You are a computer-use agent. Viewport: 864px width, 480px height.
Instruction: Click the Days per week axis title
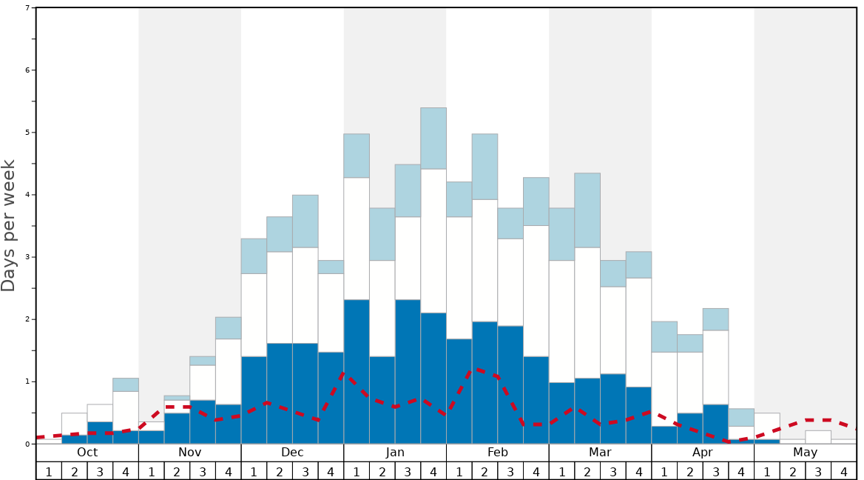pos(9,226)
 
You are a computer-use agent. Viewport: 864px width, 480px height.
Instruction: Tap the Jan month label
pos(395,453)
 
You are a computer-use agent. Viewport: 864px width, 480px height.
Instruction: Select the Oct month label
pos(87,453)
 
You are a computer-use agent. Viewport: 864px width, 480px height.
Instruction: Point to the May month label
pos(805,453)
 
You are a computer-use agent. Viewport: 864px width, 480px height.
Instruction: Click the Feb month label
pos(498,453)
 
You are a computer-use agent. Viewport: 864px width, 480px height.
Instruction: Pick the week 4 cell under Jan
pos(433,471)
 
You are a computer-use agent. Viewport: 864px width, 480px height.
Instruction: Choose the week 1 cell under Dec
pos(254,471)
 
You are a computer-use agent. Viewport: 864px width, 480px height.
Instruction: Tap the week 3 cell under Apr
pos(715,471)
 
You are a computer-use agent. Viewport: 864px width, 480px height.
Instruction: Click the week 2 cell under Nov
pos(177,471)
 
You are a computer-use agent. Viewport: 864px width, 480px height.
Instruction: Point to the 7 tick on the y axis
pos(27,8)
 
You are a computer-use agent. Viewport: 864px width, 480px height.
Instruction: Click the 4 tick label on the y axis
pos(27,195)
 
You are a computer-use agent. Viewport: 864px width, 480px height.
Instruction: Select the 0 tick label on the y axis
pos(27,444)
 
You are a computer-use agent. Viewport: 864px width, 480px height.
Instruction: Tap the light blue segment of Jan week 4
pos(433,139)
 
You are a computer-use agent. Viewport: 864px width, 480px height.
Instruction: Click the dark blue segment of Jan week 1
pos(357,371)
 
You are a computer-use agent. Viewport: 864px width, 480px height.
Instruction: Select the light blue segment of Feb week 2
pos(485,167)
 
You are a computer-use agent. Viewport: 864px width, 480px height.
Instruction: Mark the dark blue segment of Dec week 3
pos(306,393)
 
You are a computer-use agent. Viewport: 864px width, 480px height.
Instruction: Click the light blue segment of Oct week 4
pos(126,384)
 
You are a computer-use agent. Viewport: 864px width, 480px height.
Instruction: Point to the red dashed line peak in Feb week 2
pos(479,369)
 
